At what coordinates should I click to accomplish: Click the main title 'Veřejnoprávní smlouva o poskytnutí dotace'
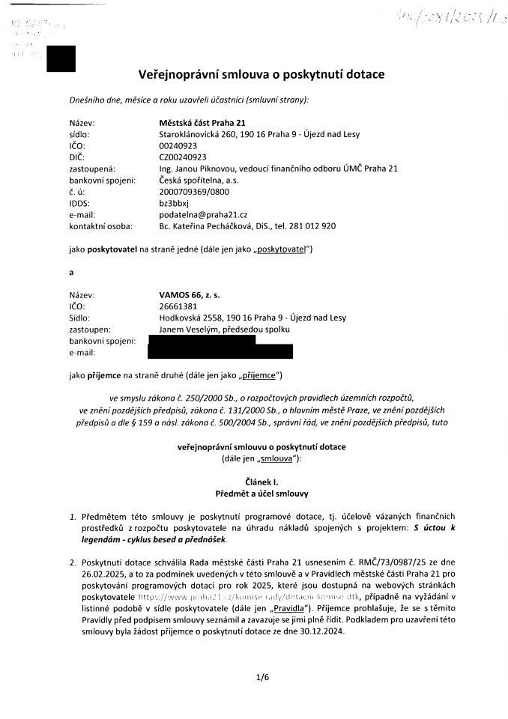click(261, 75)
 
